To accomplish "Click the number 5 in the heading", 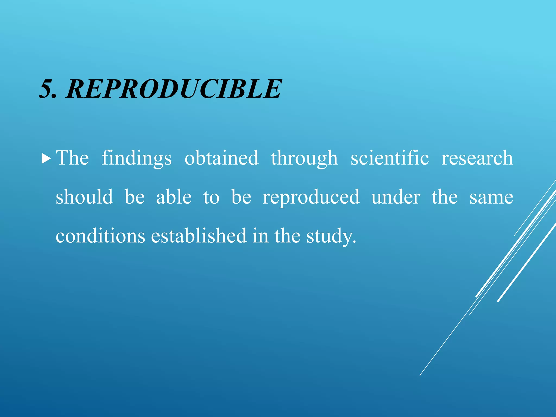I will (x=47, y=89).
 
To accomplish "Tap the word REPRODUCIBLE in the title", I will (x=174, y=89).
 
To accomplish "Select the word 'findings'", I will (x=137, y=158).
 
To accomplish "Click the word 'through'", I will (x=304, y=158).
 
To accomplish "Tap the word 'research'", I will (x=477, y=158).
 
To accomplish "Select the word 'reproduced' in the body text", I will (x=311, y=197).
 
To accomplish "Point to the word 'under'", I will (x=396, y=197).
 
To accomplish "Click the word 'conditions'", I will (x=100, y=236).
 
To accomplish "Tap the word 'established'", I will (x=199, y=236).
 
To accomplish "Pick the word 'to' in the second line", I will (x=211, y=197).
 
